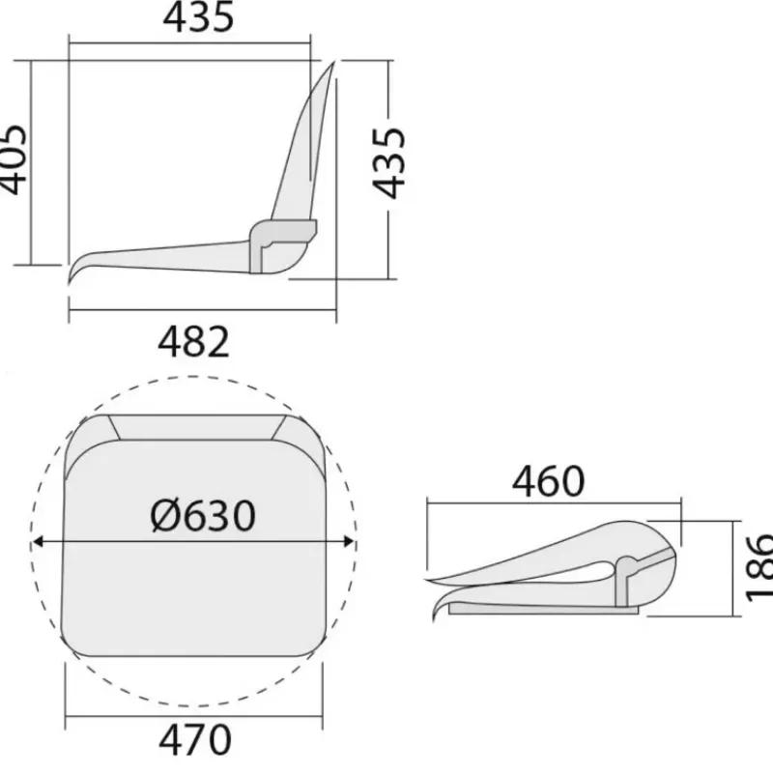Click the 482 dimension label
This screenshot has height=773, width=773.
(x=194, y=342)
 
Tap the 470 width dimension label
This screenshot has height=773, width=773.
(x=195, y=740)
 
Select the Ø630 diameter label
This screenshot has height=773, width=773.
(x=203, y=516)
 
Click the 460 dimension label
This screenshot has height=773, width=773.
(x=549, y=481)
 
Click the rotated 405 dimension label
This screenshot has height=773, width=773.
(x=12, y=159)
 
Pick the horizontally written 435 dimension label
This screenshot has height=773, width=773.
(x=198, y=17)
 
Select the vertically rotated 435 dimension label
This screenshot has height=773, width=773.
(x=388, y=163)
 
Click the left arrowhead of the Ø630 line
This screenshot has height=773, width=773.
(x=38, y=542)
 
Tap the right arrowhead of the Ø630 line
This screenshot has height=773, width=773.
(x=349, y=542)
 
